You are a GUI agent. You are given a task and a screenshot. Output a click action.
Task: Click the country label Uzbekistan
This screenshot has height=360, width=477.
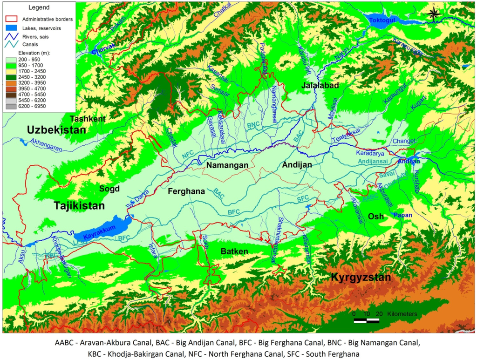point(56,130)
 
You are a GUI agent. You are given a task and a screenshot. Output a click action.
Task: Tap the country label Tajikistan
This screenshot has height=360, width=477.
point(79,205)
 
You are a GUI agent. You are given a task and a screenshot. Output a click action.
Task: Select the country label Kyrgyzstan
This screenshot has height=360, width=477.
point(361,278)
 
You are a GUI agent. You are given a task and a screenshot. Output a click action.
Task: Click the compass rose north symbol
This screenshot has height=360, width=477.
point(433,14)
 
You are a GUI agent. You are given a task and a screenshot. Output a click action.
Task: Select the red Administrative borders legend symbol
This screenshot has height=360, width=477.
point(13,20)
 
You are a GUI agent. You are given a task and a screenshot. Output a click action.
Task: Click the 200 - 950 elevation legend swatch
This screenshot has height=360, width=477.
point(11,60)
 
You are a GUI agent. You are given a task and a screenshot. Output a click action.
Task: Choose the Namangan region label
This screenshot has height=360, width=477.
point(226,166)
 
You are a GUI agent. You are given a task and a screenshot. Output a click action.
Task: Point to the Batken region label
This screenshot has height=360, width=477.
point(234,251)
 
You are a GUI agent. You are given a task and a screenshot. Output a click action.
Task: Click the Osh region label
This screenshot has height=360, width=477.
point(376,217)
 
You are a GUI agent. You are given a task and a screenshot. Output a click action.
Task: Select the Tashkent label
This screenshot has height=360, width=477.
point(87,119)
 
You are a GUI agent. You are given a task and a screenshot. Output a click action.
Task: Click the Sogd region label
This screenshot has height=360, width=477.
point(109,189)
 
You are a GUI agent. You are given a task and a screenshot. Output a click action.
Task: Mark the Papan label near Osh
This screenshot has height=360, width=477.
point(402,215)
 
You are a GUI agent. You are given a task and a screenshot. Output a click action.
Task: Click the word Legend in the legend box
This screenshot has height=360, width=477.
point(39,8)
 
